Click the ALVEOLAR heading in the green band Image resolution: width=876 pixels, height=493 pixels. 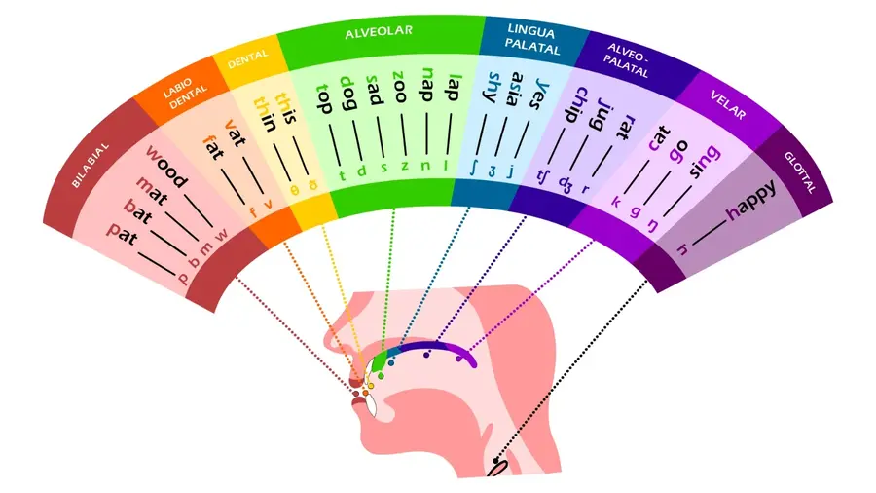(x=379, y=31)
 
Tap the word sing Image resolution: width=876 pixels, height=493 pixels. (x=705, y=160)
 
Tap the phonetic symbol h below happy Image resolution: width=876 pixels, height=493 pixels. (x=682, y=249)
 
